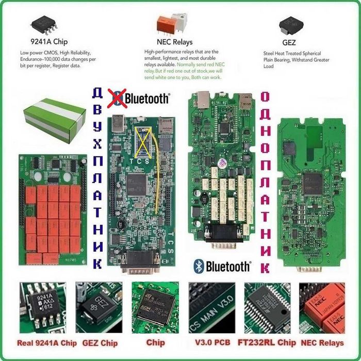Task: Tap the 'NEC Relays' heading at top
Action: click(174, 42)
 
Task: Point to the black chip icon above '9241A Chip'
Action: click(43, 23)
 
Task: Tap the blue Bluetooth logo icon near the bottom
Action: click(199, 266)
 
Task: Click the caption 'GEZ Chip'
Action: click(100, 343)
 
